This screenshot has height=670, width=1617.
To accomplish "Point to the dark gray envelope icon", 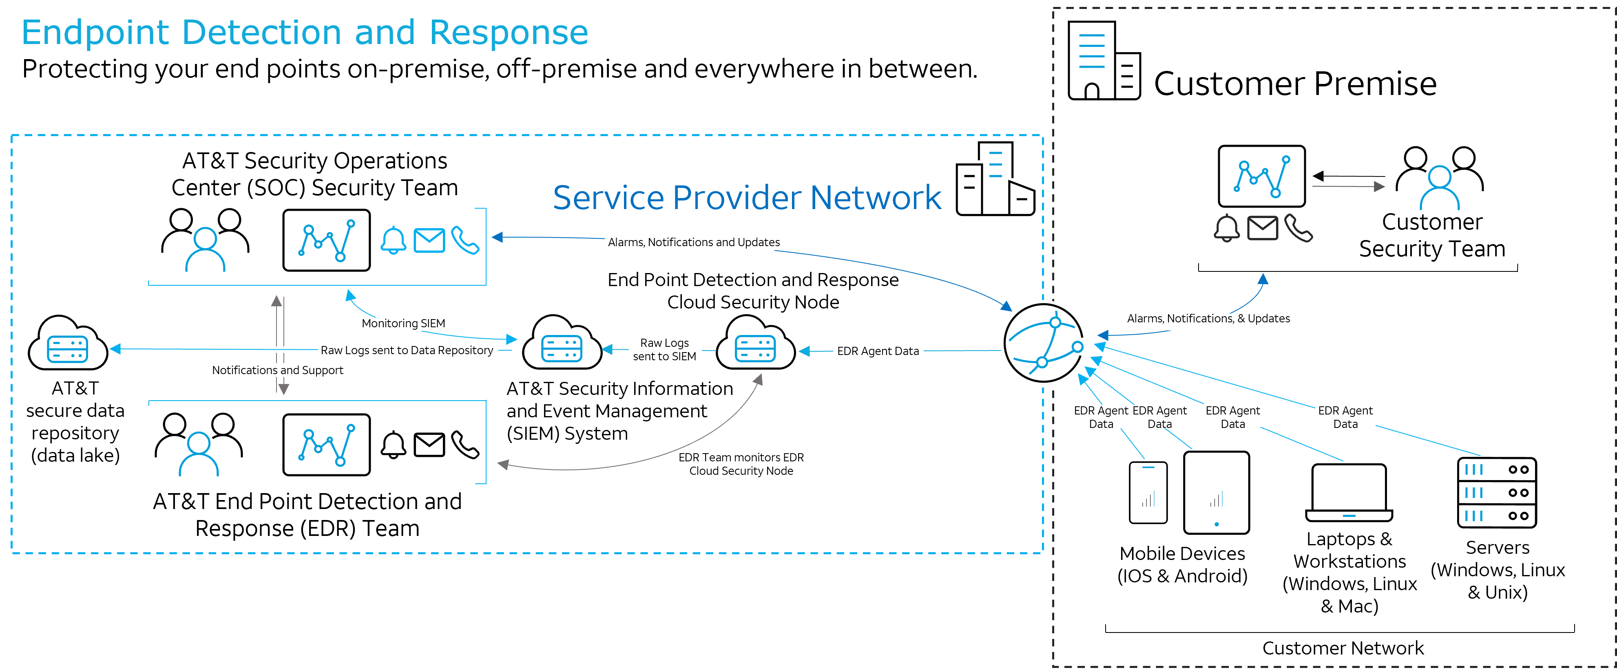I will point(1262,228).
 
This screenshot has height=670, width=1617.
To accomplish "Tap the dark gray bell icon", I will point(1227,228).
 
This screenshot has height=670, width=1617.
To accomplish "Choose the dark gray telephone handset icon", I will point(1298,228).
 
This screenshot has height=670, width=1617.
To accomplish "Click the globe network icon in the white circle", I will point(1043,344).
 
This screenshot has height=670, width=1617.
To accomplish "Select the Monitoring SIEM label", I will point(405,324).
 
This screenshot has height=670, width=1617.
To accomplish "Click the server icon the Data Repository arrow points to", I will point(68,349).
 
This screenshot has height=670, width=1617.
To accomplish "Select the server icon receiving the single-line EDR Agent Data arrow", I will point(755,349).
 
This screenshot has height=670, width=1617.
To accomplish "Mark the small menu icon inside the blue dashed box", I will point(995,164).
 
